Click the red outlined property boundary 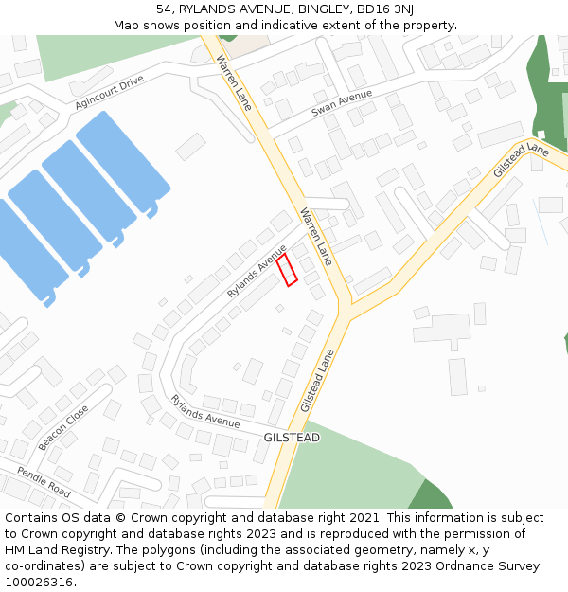click(x=287, y=269)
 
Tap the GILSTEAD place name click(x=292, y=438)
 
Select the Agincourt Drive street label click(x=109, y=93)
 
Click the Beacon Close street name click(x=63, y=427)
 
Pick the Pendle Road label click(x=44, y=481)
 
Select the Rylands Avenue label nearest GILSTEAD click(x=205, y=410)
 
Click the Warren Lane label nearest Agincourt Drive click(x=234, y=82)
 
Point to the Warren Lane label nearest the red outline click(x=316, y=236)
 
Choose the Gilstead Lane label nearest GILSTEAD click(x=318, y=380)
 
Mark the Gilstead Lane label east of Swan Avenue click(x=521, y=161)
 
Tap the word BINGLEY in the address click(x=319, y=9)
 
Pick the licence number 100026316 click(x=39, y=583)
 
